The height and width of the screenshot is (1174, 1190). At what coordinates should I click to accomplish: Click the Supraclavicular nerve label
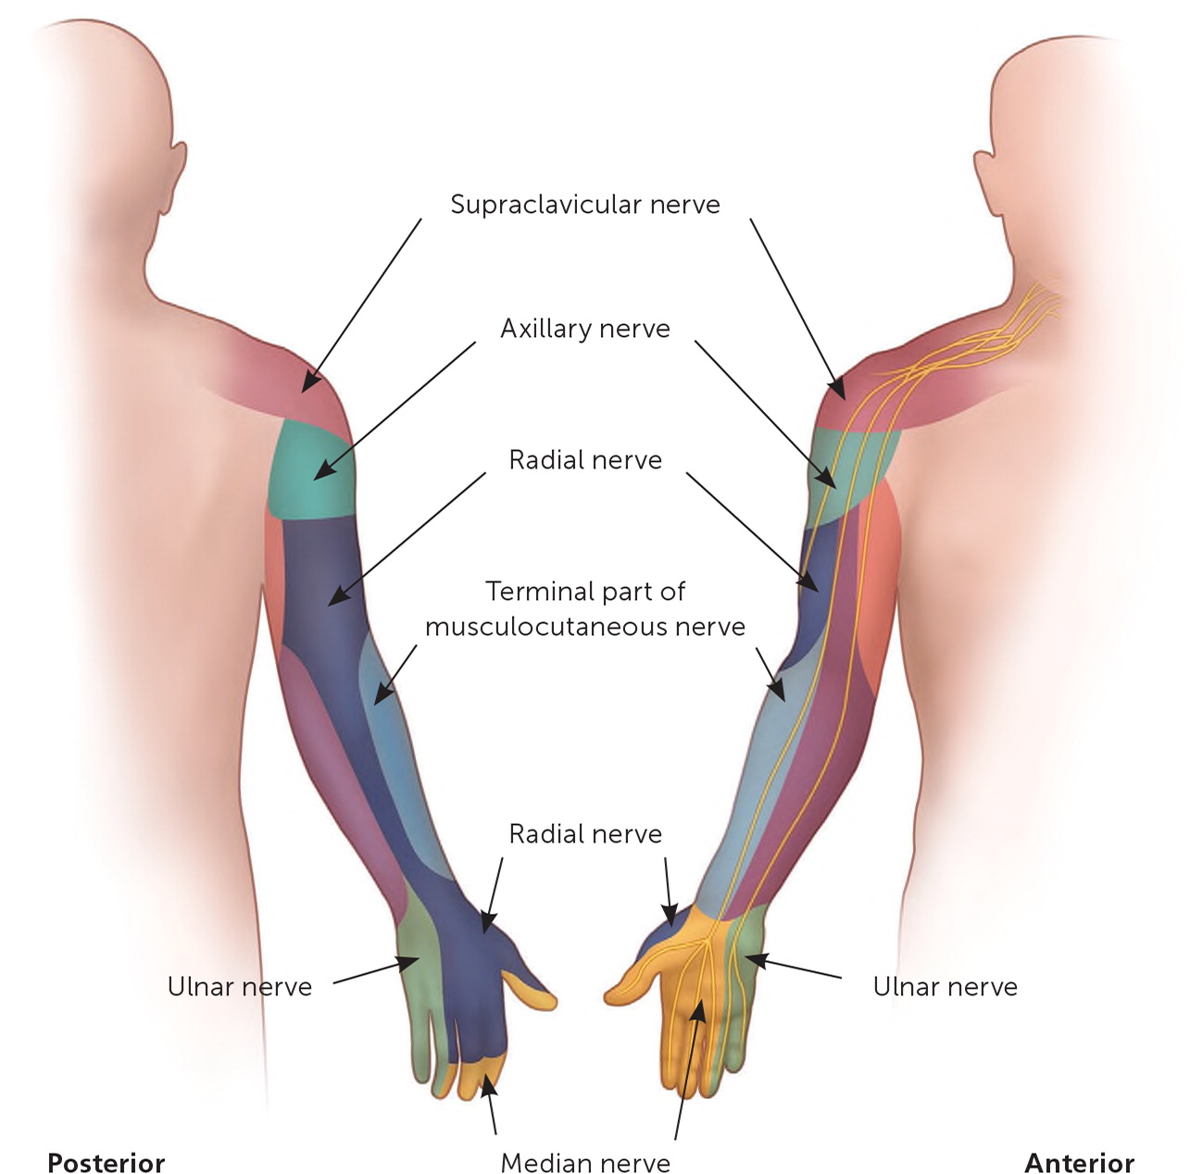585,204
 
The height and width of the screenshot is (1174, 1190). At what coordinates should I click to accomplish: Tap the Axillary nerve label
585,329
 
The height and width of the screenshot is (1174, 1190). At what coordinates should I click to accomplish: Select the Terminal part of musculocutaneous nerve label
585,609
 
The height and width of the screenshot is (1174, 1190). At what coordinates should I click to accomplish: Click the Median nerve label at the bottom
585,1163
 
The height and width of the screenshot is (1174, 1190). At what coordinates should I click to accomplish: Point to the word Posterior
106,1163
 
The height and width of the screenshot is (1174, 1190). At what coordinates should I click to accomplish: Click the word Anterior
1079,1163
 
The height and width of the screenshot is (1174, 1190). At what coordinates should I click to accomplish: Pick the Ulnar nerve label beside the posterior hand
239,987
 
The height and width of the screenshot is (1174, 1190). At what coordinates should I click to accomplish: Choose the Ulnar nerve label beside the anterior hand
945,987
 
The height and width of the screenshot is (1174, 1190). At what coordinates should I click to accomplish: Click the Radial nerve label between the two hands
585,834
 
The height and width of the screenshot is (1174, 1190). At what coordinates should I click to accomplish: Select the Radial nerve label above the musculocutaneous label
585,460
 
